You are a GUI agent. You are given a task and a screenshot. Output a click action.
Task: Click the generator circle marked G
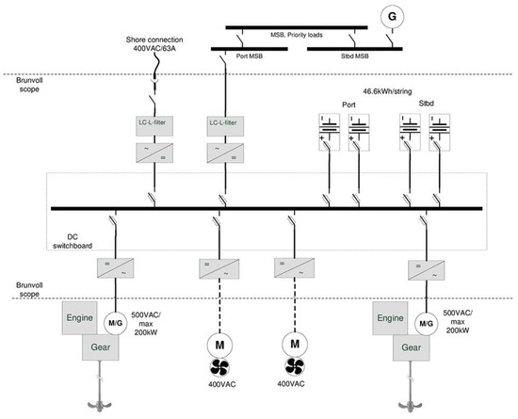(387, 17)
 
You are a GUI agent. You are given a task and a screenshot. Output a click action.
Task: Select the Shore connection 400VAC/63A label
(158, 44)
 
